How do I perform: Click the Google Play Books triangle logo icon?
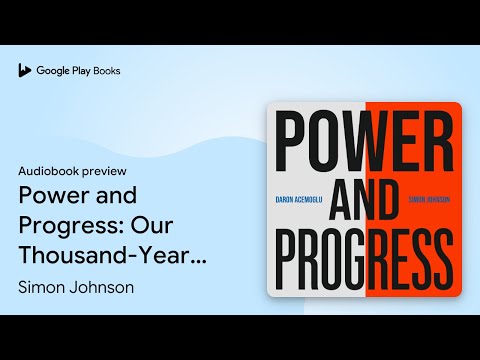pos(24,71)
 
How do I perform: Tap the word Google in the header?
pos(53,71)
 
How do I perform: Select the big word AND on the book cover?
pos(364,200)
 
